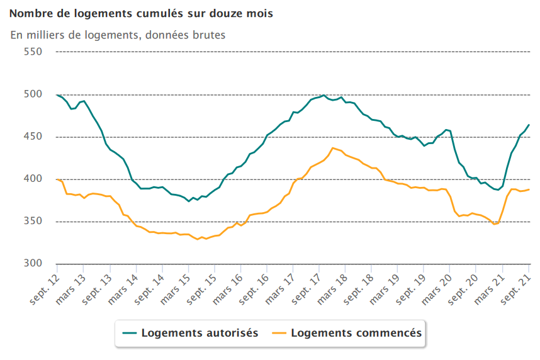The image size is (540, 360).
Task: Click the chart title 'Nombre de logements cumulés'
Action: point(142,13)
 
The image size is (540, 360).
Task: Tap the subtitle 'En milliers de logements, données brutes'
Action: point(118,35)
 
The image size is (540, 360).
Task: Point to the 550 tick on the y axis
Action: point(33,52)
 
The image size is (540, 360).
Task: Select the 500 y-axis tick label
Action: point(33,94)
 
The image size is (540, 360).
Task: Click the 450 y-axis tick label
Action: point(33,137)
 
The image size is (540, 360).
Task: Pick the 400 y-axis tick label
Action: point(33,179)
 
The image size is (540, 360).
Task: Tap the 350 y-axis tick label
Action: point(33,222)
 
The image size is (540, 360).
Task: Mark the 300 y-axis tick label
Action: point(33,264)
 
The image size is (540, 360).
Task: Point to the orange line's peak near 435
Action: point(333,148)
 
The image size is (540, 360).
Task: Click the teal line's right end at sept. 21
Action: point(529,125)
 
